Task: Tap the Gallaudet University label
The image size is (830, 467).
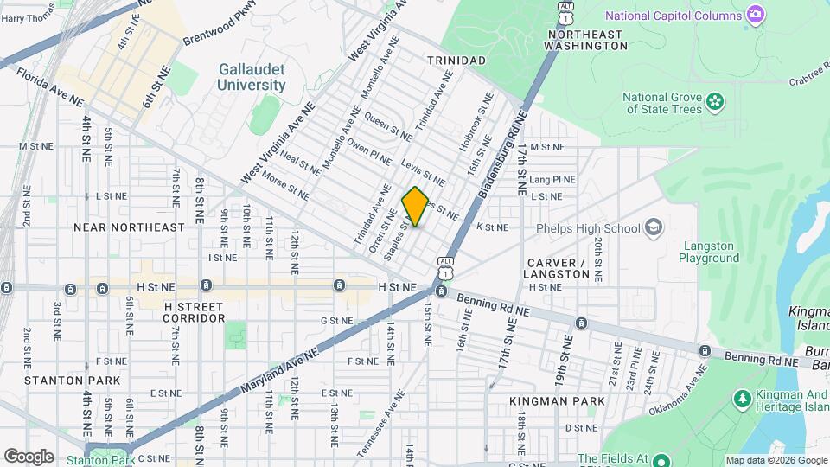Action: [252, 77]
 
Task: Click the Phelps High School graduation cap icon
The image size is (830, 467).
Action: [653, 227]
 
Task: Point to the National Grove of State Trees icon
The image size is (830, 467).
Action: [714, 102]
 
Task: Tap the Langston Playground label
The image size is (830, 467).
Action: [709, 252]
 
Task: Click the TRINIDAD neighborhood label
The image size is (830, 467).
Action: [456, 60]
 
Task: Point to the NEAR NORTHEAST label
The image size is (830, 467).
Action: [129, 227]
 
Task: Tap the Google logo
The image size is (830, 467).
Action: [29, 456]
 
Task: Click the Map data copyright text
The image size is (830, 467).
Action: [776, 460]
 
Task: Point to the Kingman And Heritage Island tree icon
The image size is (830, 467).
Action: [741, 399]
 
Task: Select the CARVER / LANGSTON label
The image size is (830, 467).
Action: [559, 268]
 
